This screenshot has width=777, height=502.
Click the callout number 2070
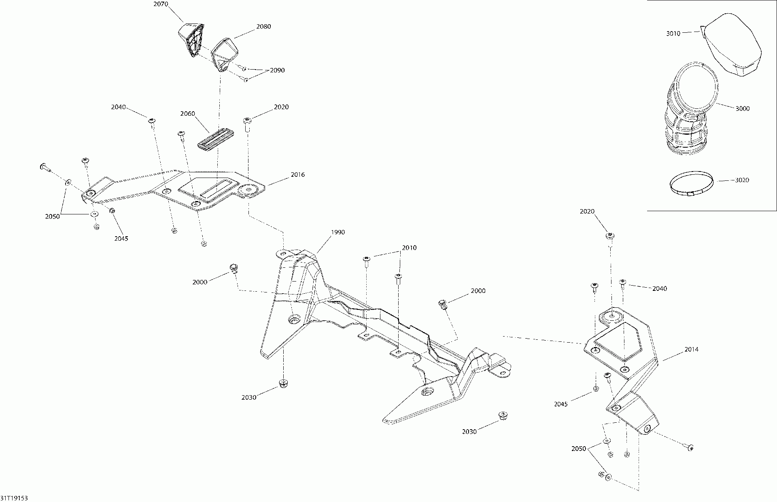point(161,4)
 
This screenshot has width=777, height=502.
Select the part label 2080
point(263,27)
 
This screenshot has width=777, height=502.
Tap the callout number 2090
point(277,70)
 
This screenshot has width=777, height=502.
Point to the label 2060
point(188,114)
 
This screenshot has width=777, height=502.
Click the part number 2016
point(297,175)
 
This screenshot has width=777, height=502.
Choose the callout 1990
point(338,232)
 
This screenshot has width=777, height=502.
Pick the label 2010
point(409,248)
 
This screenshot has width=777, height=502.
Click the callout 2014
point(691,349)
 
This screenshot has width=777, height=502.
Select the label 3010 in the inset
point(673,34)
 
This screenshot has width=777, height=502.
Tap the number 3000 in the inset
point(743,108)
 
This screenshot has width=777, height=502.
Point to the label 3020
point(742,180)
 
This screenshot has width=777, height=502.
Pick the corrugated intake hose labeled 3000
point(688,117)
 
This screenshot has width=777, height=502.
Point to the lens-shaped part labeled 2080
point(225,52)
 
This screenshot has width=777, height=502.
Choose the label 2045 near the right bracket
point(561,404)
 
